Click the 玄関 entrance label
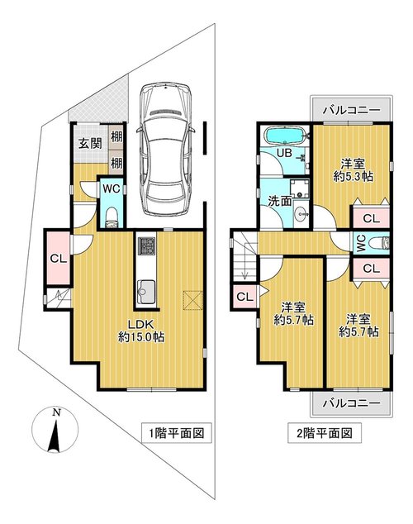[x=90, y=143]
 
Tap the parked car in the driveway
[x=166, y=148]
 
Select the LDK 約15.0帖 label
[x=141, y=331]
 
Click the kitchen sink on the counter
[x=146, y=292]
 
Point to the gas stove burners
[x=146, y=246]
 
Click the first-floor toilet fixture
[x=112, y=217]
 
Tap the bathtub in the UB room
[x=284, y=136]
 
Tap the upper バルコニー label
[x=352, y=110]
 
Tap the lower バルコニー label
[x=352, y=403]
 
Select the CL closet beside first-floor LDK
[x=59, y=258]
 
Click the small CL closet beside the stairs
[x=244, y=297]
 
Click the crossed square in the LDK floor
[x=192, y=300]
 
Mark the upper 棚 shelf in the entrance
[x=116, y=136]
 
